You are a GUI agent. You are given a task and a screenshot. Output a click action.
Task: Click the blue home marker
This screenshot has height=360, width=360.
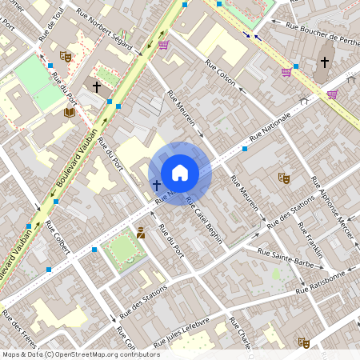pyautogui.click(x=180, y=173)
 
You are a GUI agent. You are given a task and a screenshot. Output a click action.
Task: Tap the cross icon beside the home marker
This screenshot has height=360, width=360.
pyautogui.click(x=157, y=185)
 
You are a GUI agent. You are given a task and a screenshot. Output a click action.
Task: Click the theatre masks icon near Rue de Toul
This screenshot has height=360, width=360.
pyautogui.click(x=66, y=57)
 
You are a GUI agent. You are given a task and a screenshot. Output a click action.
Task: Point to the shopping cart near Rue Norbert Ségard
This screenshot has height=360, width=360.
pyautogui.click(x=163, y=46)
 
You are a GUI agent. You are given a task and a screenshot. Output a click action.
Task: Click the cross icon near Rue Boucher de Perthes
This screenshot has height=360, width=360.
pyautogui.click(x=325, y=62)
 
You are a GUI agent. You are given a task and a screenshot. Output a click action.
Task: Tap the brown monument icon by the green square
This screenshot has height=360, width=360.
pyautogui.click(x=141, y=233)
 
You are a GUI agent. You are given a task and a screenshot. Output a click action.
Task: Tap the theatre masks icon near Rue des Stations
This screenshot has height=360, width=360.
pyautogui.click(x=283, y=178)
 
